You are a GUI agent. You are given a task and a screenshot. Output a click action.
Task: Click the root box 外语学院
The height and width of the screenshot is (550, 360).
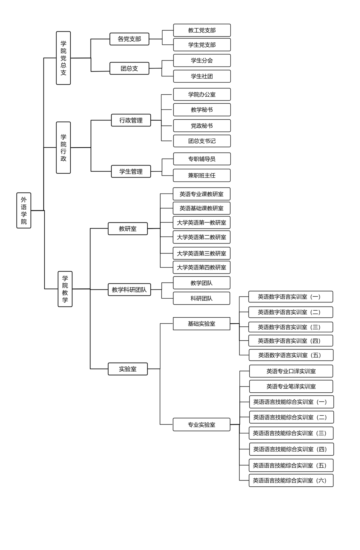[x=24, y=210]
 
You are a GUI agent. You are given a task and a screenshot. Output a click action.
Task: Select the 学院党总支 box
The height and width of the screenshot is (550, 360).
[x=63, y=58]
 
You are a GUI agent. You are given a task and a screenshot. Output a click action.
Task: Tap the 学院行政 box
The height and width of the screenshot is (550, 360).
[x=63, y=147]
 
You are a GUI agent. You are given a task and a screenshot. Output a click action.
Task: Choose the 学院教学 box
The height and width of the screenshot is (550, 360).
[x=65, y=289]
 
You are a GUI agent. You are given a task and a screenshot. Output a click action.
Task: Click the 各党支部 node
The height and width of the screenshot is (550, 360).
[x=129, y=39]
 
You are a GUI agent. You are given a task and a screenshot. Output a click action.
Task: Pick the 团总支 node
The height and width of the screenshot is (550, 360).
[x=129, y=68]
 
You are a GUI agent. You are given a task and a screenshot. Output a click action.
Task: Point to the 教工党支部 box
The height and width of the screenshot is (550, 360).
[x=202, y=30]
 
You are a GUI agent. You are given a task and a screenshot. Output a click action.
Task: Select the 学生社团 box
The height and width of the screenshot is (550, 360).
[x=202, y=76]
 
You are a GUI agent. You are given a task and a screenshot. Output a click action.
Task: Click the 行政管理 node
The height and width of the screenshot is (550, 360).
[x=131, y=120]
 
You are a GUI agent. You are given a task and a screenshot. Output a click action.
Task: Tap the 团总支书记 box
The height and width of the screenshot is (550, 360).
[x=202, y=141]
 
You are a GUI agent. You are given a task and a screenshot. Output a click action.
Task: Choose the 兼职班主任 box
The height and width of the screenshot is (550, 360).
[x=202, y=175]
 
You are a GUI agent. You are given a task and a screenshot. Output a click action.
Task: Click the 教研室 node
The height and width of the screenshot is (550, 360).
[x=128, y=229]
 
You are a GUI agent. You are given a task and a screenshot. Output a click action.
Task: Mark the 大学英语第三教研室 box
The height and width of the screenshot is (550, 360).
[x=201, y=253]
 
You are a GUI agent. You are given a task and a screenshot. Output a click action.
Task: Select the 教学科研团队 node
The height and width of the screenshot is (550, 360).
[x=129, y=290]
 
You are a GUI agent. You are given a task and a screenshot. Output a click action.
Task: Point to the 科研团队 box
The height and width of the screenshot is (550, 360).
[x=201, y=298]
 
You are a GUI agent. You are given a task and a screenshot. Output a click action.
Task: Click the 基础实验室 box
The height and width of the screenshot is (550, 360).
[x=201, y=323]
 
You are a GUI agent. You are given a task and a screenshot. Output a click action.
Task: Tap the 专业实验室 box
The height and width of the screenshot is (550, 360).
[x=201, y=424]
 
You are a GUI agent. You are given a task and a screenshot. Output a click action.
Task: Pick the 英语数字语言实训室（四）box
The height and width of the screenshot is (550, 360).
[x=291, y=341]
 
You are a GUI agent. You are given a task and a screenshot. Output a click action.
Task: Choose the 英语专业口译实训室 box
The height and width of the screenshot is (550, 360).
[x=291, y=371]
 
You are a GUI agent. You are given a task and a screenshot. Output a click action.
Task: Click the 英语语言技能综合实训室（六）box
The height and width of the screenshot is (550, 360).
[x=291, y=480]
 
